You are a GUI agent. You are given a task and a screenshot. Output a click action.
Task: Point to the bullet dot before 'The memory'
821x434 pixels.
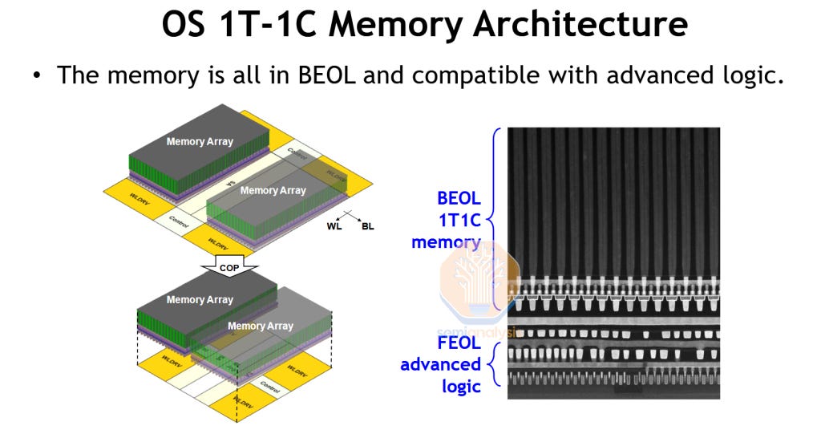36,77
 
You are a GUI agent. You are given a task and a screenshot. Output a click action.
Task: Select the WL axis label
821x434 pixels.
334,226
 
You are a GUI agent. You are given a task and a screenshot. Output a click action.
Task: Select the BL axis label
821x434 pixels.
368,226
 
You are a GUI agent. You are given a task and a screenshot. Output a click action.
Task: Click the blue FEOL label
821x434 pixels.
459,343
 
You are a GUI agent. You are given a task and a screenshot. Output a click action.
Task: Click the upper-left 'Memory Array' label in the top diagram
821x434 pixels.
200,141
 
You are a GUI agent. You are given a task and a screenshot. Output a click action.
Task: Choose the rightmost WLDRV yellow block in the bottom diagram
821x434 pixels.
297,372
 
